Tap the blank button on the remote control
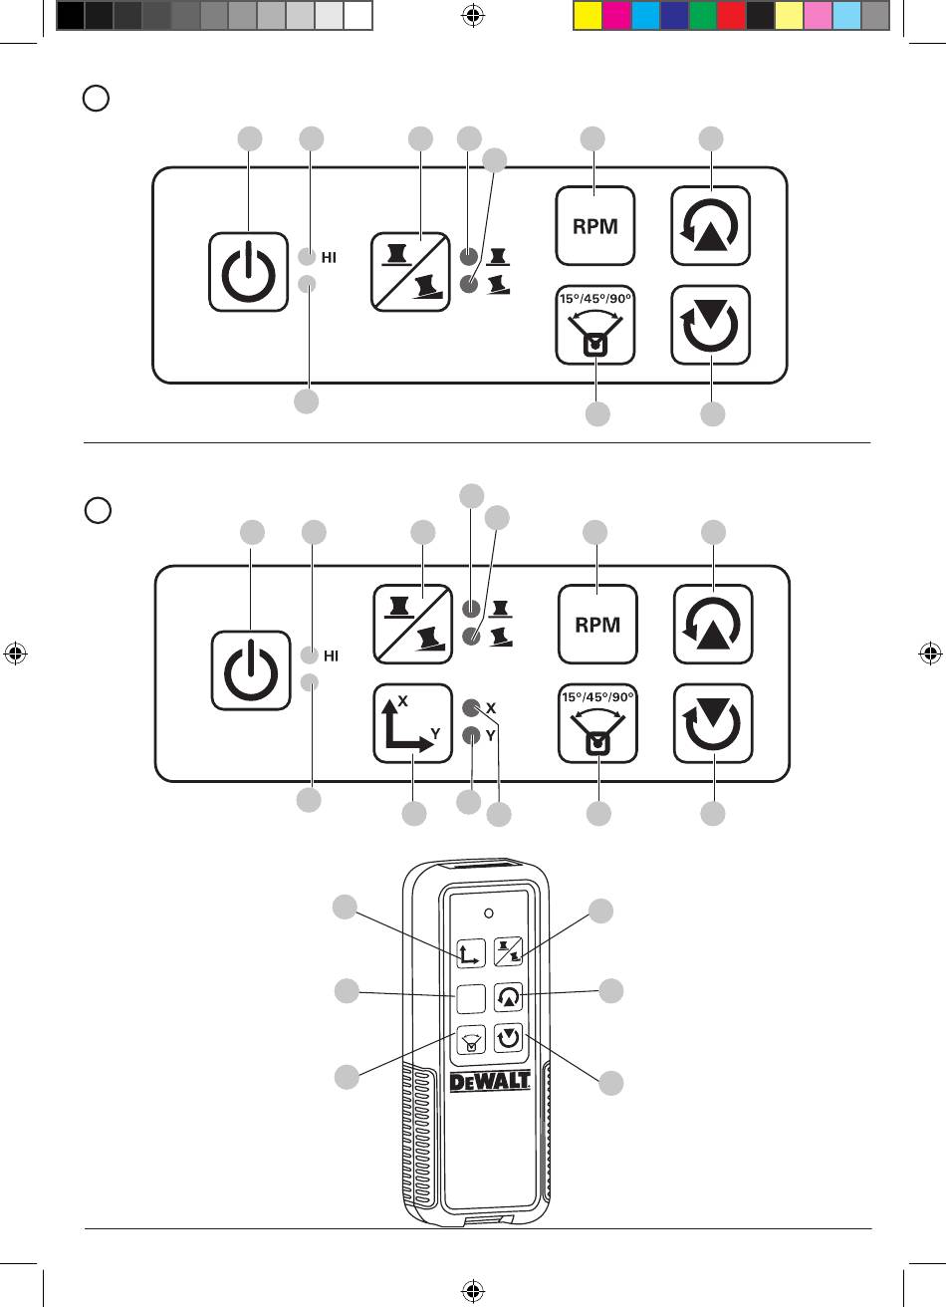click(471, 998)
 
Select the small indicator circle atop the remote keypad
click(489, 914)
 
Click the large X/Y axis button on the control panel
click(413, 723)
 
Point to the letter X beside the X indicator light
click(491, 708)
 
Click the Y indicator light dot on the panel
click(471, 736)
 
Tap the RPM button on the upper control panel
click(594, 226)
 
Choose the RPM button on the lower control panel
click(597, 625)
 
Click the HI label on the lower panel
click(331, 656)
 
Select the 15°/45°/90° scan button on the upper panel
click(594, 325)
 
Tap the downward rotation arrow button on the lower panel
click(713, 723)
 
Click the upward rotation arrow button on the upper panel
click(710, 226)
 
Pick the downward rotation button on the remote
click(509, 1038)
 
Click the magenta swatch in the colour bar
click(616, 16)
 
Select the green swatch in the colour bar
click(703, 16)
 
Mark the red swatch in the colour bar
click(731, 16)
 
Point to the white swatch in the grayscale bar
click(358, 16)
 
